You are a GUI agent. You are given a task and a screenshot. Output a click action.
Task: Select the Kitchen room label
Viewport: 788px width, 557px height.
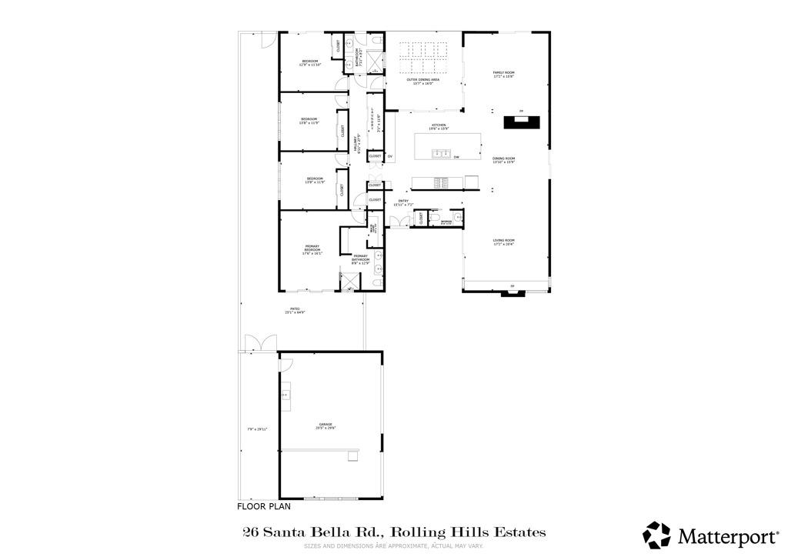[439, 127]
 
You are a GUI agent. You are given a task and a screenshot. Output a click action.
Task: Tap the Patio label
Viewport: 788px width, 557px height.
[295, 310]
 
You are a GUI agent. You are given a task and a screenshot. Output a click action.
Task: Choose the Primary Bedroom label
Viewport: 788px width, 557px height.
[312, 248]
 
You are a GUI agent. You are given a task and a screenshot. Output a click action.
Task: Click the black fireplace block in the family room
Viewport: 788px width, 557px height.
[523, 122]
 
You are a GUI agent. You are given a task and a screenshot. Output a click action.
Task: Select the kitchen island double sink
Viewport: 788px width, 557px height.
[441, 154]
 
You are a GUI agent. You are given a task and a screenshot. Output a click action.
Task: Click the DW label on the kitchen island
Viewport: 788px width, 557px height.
[456, 158]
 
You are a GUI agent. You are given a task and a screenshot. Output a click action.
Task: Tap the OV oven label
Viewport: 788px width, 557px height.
[390, 157]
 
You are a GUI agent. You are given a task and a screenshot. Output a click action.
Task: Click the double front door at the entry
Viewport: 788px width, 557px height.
[399, 222]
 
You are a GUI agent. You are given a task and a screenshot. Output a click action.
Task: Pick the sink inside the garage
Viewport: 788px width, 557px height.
[285, 394]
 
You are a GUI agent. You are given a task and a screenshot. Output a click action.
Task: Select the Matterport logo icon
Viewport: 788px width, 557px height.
[657, 535]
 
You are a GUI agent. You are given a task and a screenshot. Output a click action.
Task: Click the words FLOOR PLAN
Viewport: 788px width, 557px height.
[263, 507]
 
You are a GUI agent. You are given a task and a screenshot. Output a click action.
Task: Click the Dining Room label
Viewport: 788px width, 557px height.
[503, 161]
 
